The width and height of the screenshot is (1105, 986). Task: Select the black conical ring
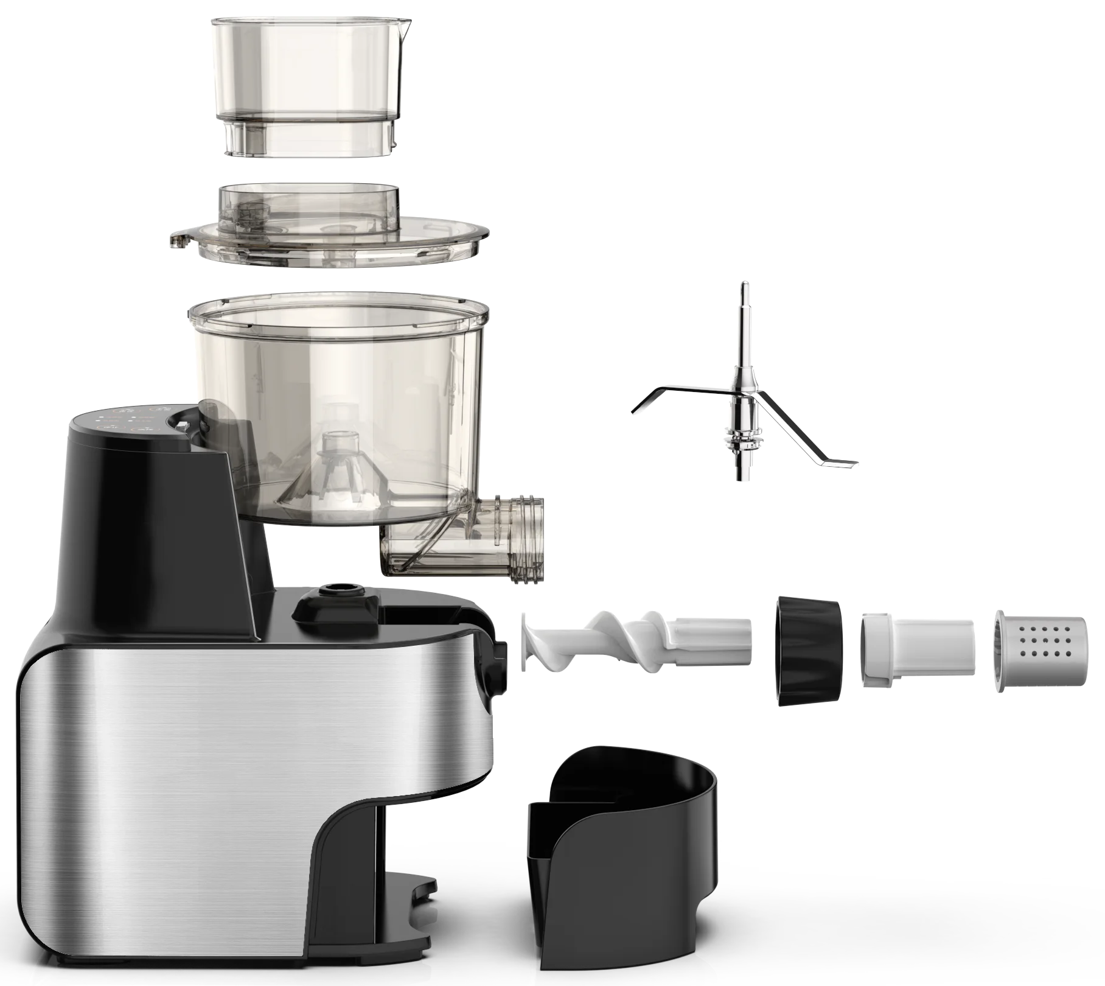click(x=808, y=650)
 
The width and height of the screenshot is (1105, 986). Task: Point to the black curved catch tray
click(x=621, y=852)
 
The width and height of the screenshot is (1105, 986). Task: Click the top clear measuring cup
click(x=310, y=67)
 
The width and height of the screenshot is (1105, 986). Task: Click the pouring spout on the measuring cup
click(x=404, y=27)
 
